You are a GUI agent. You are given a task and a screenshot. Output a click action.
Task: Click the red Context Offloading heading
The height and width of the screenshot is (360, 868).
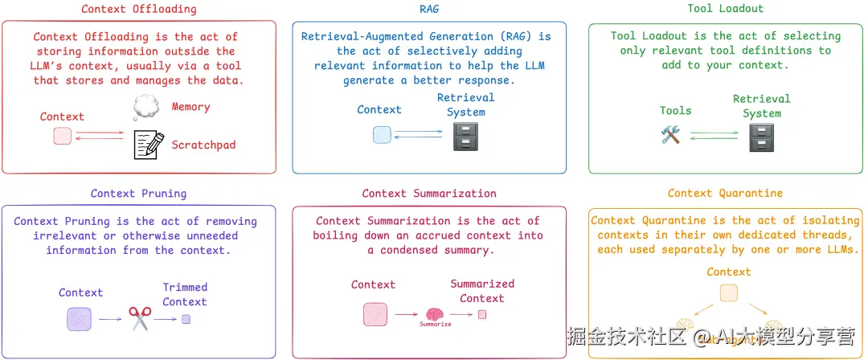(x=139, y=10)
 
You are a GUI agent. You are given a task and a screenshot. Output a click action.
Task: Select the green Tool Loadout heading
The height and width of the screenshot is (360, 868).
(x=726, y=10)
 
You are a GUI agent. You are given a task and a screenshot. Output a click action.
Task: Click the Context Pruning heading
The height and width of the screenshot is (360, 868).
(x=138, y=194)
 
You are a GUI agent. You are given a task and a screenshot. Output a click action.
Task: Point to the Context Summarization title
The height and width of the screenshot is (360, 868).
(x=429, y=194)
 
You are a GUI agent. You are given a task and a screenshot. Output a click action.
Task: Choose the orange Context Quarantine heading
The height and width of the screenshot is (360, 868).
(x=725, y=194)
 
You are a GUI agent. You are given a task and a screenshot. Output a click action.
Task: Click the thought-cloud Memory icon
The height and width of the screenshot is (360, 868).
(x=147, y=108)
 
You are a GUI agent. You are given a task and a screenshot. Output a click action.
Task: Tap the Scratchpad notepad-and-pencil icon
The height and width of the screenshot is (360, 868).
(x=148, y=145)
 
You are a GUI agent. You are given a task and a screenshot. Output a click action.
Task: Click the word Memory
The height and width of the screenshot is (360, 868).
(x=190, y=107)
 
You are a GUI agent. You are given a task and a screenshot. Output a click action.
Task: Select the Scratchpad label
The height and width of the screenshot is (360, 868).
(x=203, y=145)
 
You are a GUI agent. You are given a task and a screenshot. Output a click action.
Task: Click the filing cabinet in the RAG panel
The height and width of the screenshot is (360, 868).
(x=466, y=136)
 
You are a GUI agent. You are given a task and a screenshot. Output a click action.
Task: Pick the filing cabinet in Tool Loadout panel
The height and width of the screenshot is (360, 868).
(x=761, y=137)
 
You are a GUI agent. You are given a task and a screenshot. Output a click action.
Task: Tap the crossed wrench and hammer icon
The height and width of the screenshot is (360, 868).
(x=670, y=135)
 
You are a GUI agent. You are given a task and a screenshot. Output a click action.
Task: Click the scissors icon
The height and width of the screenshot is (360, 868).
(x=140, y=319)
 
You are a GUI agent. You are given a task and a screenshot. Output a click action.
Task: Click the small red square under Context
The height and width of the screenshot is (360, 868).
(x=63, y=137)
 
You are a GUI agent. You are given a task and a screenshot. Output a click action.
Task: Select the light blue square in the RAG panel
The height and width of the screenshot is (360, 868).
(x=381, y=135)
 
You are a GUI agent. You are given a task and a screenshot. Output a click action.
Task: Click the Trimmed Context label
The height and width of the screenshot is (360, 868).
(x=185, y=294)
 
